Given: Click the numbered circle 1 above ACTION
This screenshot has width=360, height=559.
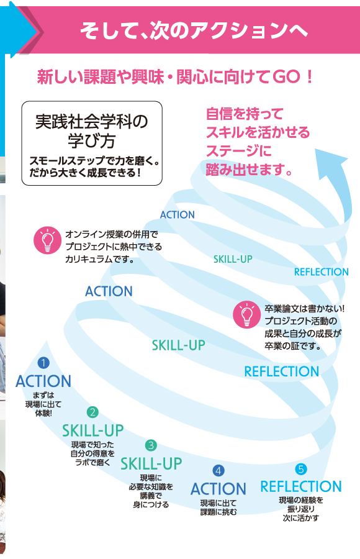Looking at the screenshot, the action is coord(43,363).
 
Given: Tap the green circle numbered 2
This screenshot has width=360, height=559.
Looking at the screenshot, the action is coord(92,412).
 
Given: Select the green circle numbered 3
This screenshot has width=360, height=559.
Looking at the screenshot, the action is coord(151,445).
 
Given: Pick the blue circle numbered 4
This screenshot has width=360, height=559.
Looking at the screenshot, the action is coord(218,471).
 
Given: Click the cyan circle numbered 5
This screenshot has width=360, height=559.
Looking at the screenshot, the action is coord(301,469).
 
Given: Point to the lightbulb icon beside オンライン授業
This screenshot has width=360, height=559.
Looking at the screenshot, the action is coord(47,240).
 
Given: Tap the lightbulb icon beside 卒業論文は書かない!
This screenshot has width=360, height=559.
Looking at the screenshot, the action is coord(246,314).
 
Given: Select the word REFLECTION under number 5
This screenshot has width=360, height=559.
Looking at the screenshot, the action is coord(301,486).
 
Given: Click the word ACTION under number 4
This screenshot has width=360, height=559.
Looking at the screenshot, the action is coord(218,489).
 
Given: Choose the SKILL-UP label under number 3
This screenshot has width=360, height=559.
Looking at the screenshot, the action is coord(151,463).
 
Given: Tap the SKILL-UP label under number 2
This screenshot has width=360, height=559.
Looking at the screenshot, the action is coord(93,430).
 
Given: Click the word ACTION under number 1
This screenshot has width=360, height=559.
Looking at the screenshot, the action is coord(43,381).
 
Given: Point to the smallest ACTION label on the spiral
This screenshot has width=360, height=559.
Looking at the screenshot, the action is coord(177,215).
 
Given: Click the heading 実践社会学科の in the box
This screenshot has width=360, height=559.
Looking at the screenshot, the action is coord(92,122).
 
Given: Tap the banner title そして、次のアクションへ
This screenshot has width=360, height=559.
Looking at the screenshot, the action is coord(194,30).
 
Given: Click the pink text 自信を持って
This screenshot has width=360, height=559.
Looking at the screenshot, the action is coord(245,114).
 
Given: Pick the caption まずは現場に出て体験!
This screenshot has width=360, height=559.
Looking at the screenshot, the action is coord(43,404).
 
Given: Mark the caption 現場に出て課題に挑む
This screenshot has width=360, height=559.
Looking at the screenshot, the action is coord(218,507).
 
